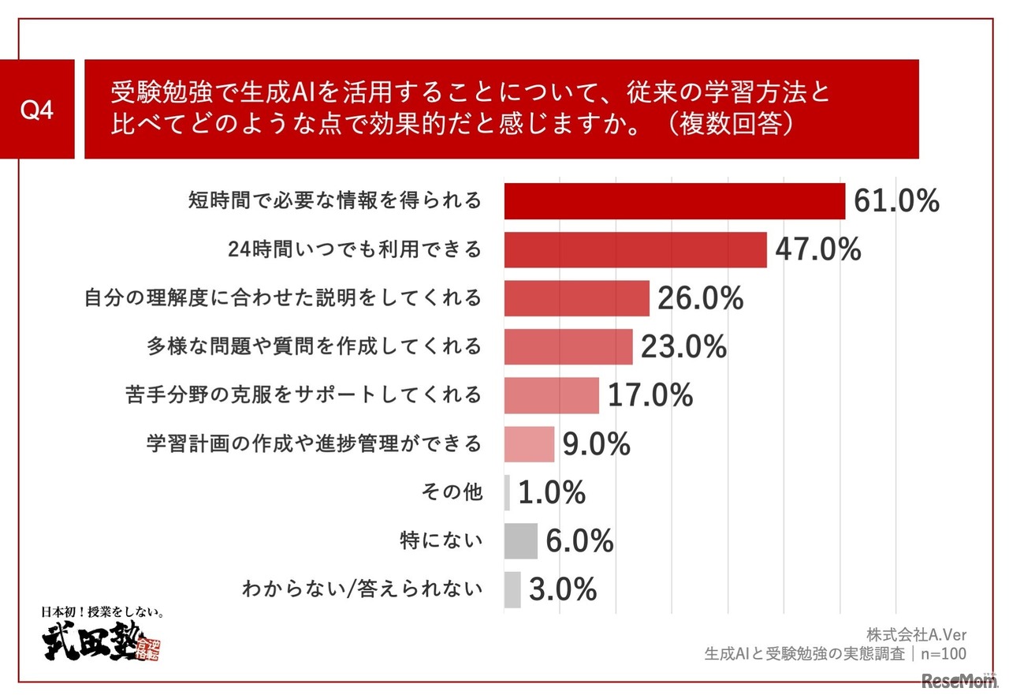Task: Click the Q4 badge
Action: [37, 110]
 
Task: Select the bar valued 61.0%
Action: [674, 201]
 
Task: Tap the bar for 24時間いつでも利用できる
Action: [635, 250]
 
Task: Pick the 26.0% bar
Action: [576, 298]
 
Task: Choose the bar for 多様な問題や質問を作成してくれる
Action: [568, 347]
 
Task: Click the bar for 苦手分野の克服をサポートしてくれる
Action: [551, 395]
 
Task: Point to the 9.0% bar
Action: [529, 444]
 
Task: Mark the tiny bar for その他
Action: [507, 492]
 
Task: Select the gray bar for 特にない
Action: [520, 541]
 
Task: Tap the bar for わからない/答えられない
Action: [512, 589]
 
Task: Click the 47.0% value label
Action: [817, 250]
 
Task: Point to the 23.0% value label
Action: [683, 347]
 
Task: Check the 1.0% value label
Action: [551, 493]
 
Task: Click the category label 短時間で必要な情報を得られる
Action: [334, 200]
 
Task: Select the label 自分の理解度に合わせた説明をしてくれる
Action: [282, 297]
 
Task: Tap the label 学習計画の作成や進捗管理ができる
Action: [314, 443]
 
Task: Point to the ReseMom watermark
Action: [960, 680]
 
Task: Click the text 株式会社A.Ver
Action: [916, 634]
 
